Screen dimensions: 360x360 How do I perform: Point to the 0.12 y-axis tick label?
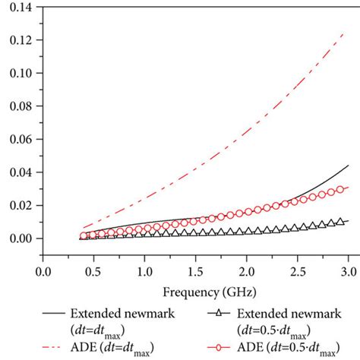(x=23, y=40)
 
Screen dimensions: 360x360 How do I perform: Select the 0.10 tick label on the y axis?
(x=23, y=74)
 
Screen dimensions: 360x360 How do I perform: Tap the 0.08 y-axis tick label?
(x=23, y=106)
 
